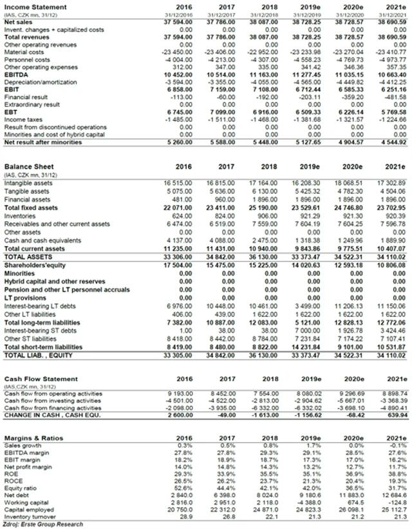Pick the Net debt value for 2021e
pos(395,494)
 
